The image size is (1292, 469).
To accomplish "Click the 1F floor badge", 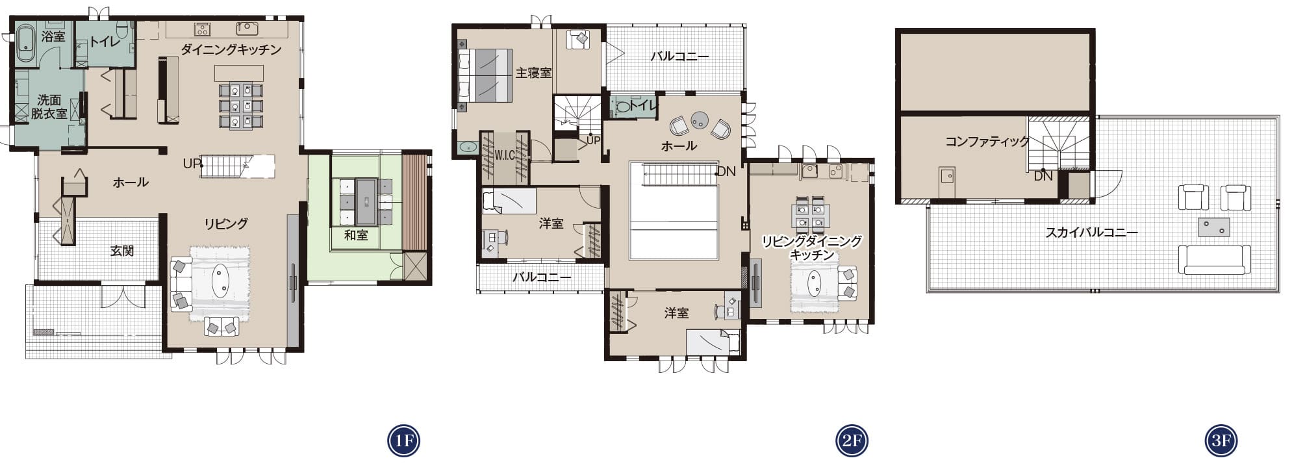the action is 403,441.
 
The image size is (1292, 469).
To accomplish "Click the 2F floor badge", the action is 852,441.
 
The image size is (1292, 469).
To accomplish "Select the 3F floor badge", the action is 1221,441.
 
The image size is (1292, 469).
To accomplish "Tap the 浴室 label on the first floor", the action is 53,36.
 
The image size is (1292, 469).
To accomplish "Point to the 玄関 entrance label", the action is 122,250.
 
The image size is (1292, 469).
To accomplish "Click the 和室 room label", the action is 356,235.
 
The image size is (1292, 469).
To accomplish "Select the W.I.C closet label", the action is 505,155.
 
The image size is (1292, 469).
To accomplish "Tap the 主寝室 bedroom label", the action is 534,73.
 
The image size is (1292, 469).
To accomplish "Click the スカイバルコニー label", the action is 1092,232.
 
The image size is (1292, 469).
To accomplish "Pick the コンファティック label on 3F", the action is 987,141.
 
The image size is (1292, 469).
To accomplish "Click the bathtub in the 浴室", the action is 25,44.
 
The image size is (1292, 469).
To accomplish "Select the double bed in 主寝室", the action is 484,75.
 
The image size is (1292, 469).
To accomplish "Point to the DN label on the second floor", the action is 726,171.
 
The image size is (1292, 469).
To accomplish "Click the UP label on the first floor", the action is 192,164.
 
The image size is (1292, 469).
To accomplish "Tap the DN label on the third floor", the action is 1043,176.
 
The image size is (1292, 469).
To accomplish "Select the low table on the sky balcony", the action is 1214,227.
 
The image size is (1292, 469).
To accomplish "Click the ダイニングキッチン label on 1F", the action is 231,49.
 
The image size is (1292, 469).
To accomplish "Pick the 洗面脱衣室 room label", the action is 49,107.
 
